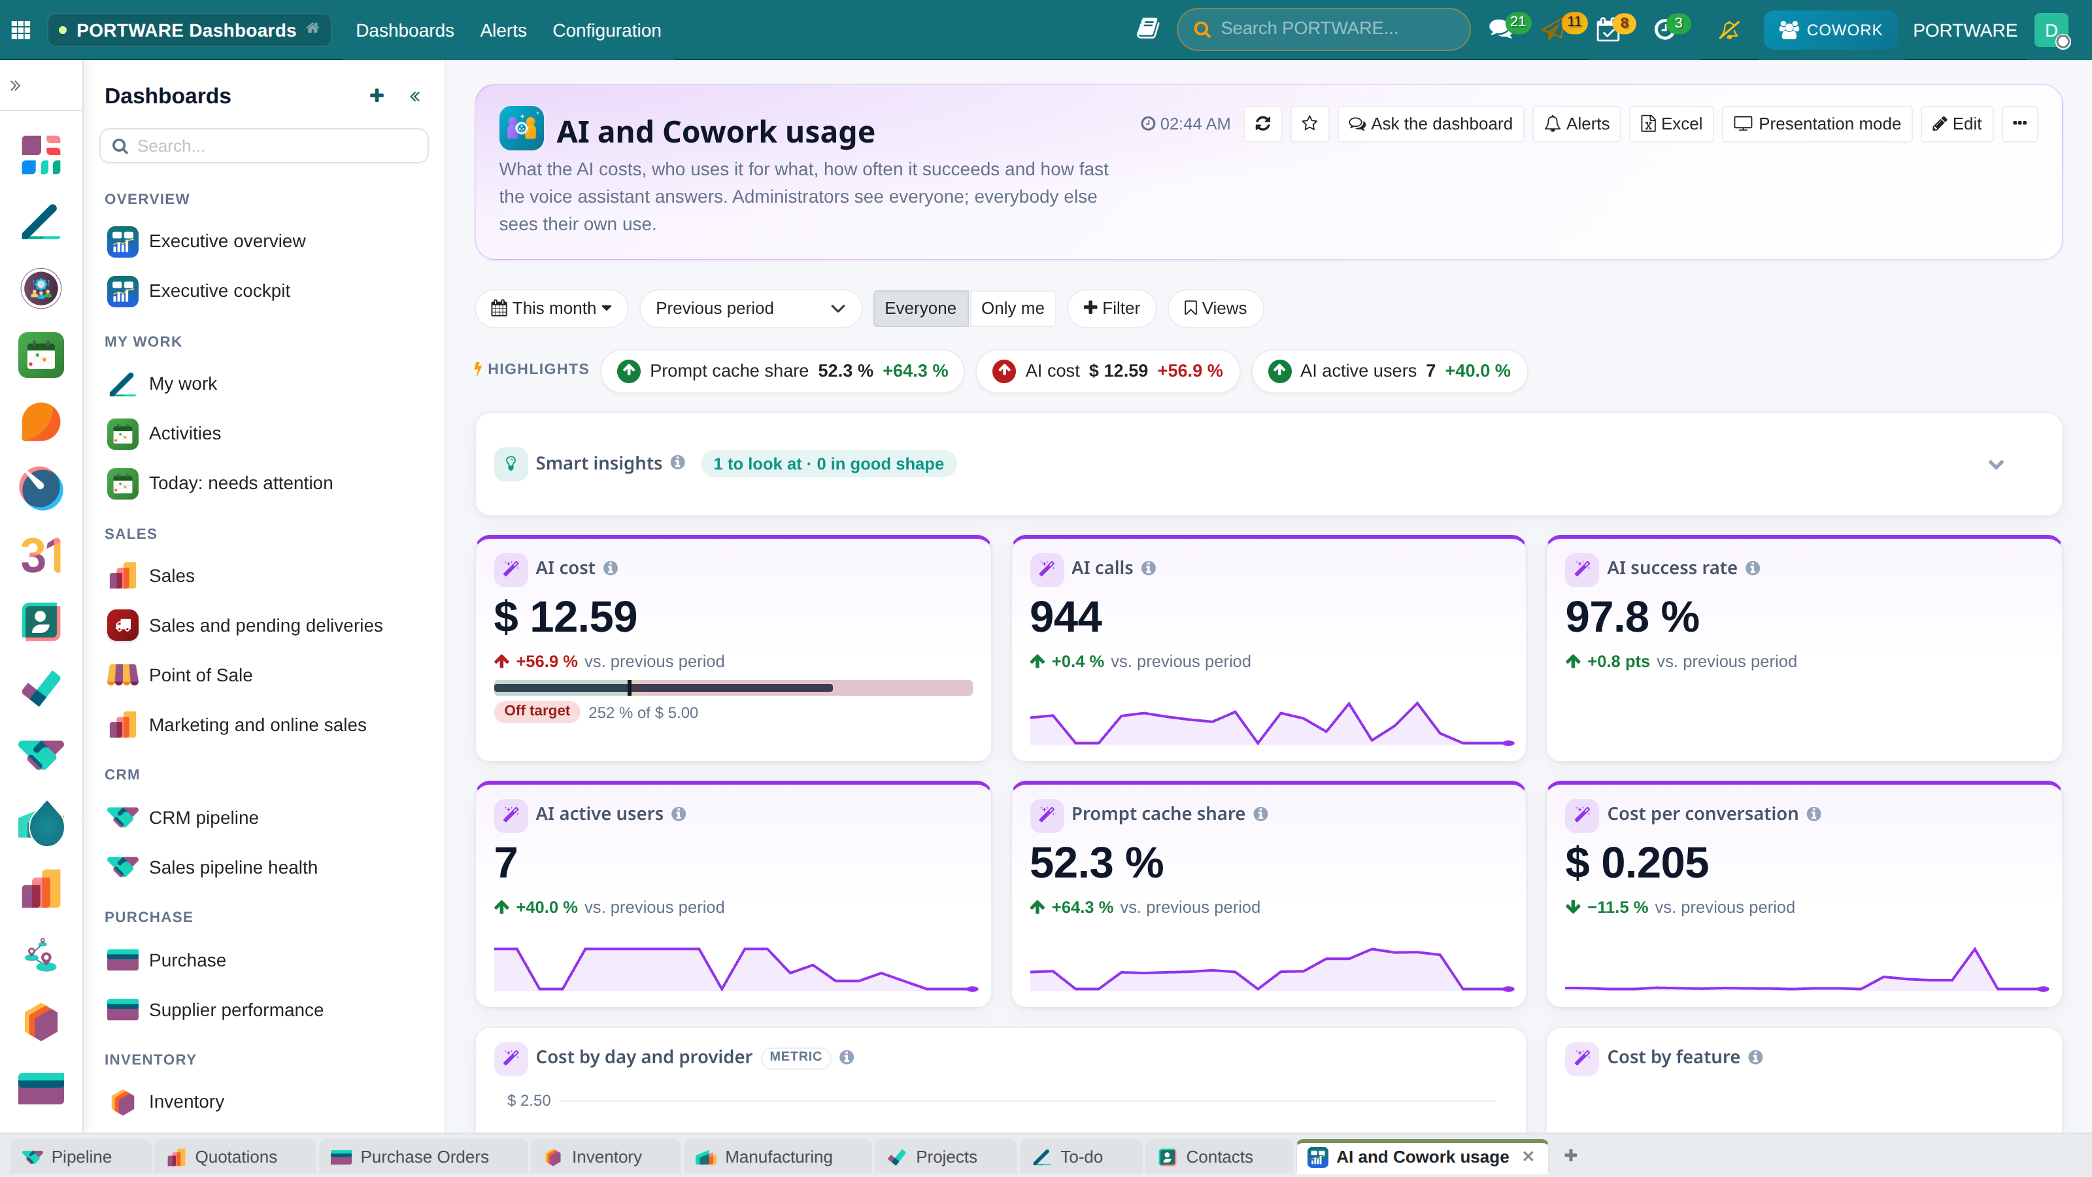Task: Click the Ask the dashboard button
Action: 1430,124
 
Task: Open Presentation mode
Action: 1817,124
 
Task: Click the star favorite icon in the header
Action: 1309,124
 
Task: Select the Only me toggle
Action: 1012,308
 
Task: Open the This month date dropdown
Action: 551,308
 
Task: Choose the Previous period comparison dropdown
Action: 751,308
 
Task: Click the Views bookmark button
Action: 1215,308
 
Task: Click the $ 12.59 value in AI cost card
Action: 565,617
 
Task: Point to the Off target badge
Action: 537,711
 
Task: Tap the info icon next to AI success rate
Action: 1753,568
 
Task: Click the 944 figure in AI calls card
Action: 1066,617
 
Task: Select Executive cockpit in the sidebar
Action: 219,291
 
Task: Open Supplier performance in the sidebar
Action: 235,1010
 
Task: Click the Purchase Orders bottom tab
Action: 424,1157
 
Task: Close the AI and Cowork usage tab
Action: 1528,1156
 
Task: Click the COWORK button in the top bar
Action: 1831,30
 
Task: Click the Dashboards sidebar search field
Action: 264,146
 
